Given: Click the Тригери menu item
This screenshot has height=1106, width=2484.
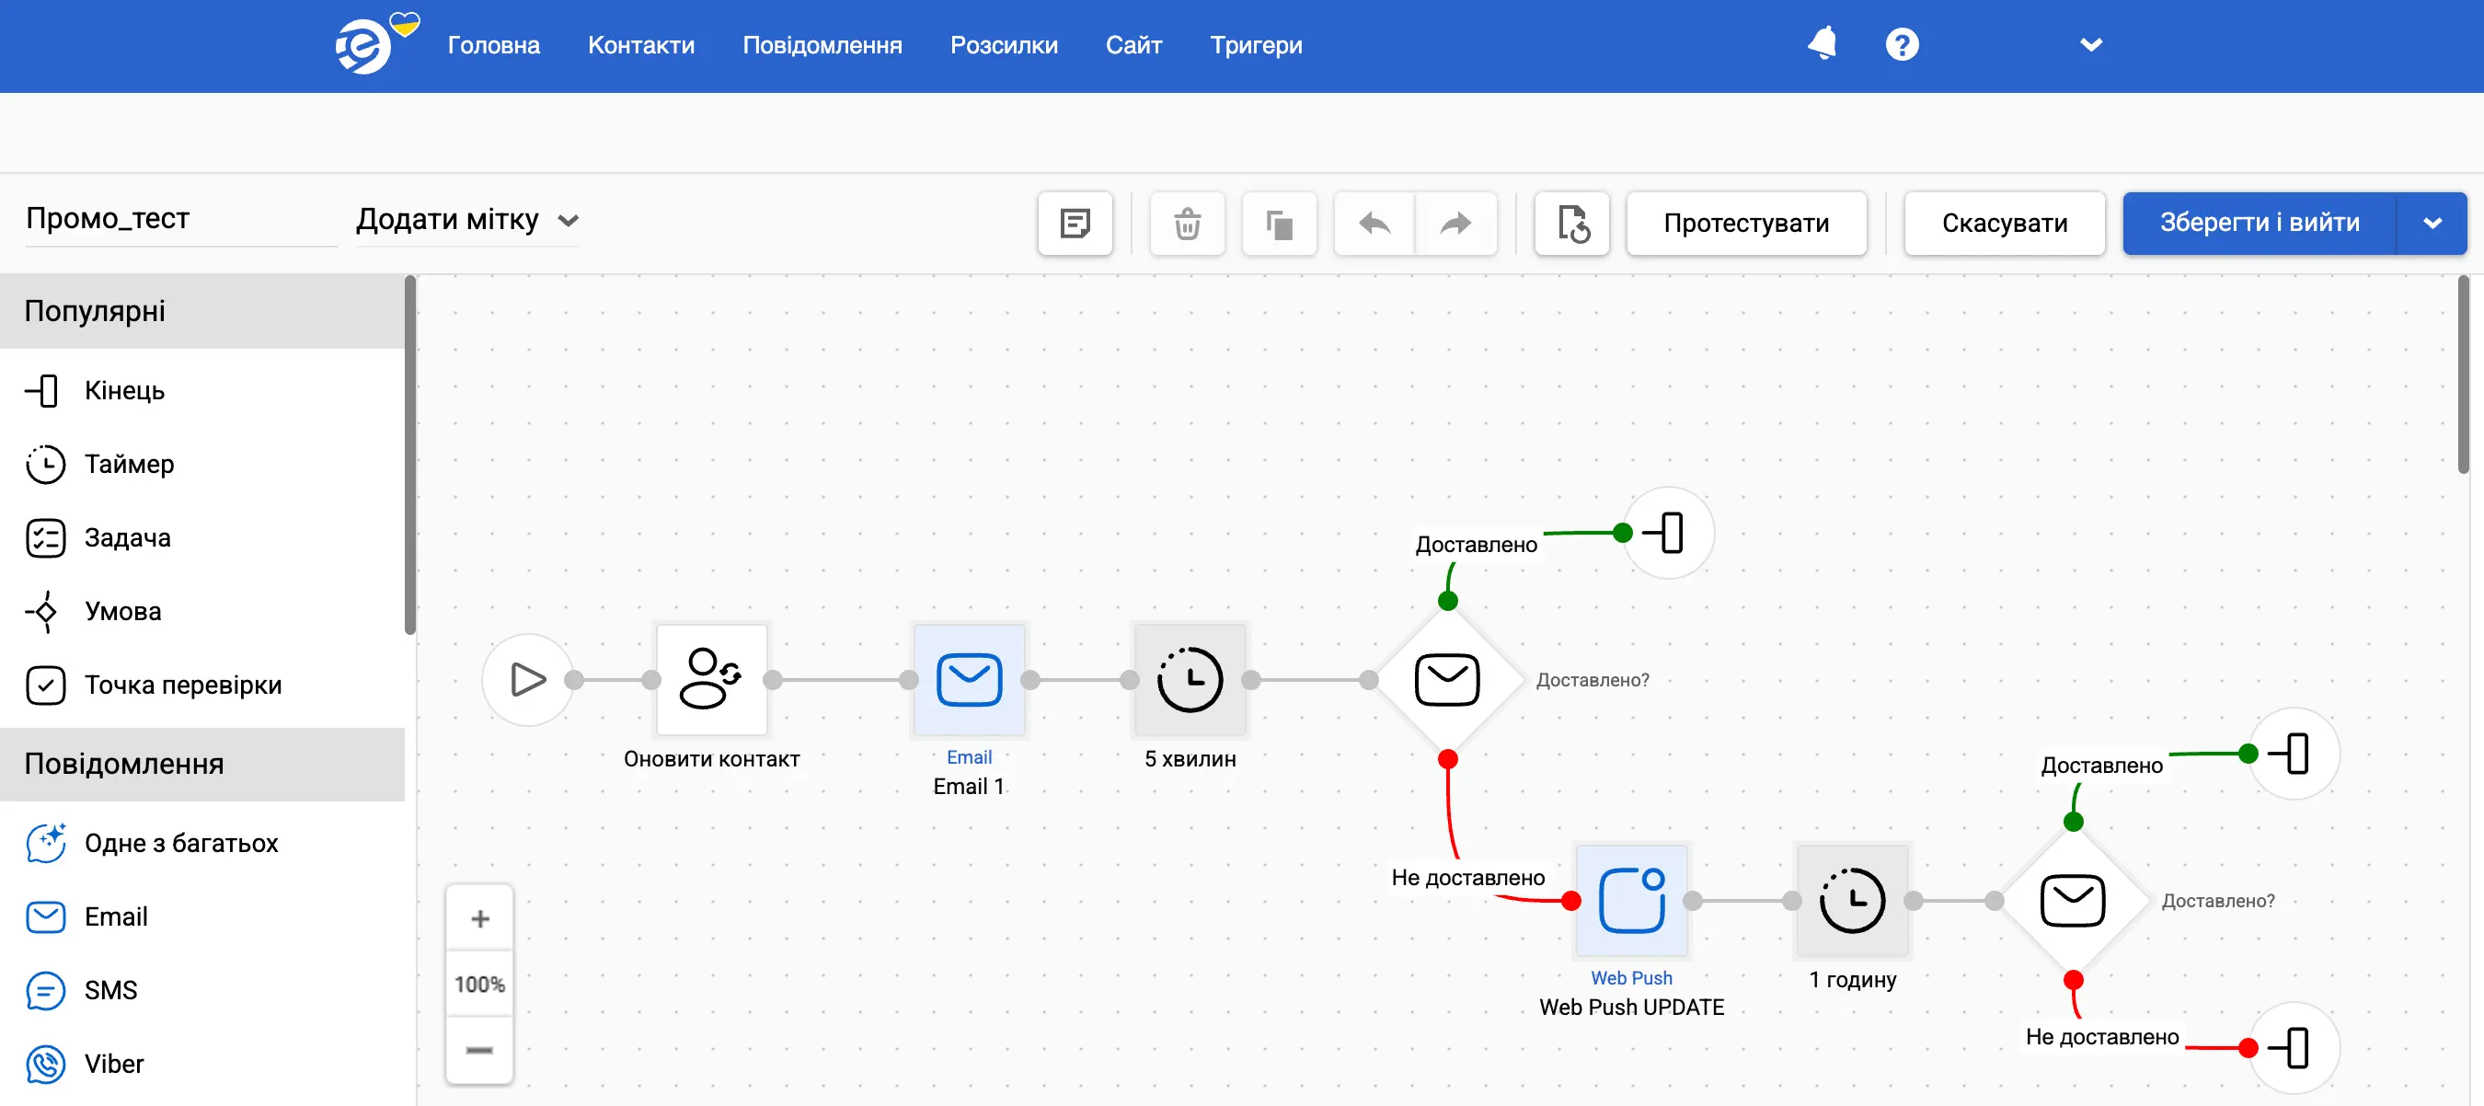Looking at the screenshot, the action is point(1256,45).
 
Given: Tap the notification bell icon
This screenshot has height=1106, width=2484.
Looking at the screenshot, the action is point(1822,44).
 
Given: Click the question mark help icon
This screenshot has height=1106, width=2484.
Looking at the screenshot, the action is point(1902,44).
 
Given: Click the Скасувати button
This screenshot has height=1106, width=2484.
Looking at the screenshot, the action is point(2004,223).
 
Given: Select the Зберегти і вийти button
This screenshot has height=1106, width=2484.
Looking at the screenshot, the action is point(2260,223).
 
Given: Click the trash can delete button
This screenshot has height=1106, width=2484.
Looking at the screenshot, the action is point(1187,223).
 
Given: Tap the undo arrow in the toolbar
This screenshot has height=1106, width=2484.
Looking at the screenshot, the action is point(1374,223).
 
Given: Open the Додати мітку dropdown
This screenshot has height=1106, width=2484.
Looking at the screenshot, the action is point(466,220).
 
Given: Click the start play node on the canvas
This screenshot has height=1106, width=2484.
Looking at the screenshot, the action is point(527,680).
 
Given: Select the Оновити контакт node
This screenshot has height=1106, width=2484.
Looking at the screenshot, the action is point(712,680).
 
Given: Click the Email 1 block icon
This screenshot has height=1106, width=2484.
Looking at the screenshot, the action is point(969,680).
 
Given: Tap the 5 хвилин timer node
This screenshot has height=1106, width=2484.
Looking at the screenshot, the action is point(1190,680).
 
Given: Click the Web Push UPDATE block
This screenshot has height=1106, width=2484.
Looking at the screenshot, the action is point(1631,901).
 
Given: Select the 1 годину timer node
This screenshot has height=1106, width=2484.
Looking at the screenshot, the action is point(1851,901).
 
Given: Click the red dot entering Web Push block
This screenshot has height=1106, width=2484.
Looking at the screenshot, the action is point(1570,901).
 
